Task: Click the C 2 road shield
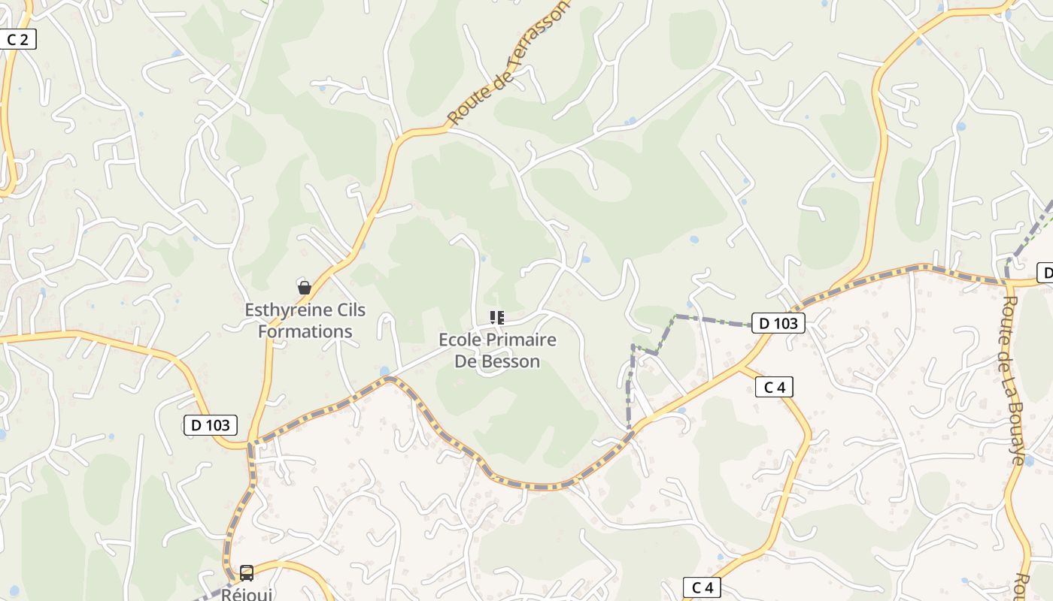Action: pyautogui.click(x=17, y=40)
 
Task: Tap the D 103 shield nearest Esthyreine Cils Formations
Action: pyautogui.click(x=211, y=425)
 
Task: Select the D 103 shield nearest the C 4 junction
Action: pyautogui.click(x=778, y=324)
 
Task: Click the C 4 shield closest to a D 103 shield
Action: pyautogui.click(x=774, y=387)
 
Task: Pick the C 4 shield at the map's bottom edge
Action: pyautogui.click(x=702, y=587)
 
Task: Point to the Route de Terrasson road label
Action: pyautogui.click(x=508, y=64)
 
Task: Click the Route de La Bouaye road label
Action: pyautogui.click(x=1012, y=379)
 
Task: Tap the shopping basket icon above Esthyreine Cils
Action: pyautogui.click(x=305, y=287)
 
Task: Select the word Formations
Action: pyautogui.click(x=305, y=331)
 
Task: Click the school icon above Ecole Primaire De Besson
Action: pyautogui.click(x=496, y=318)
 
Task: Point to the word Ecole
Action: pyautogui.click(x=460, y=340)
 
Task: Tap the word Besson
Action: pyautogui.click(x=510, y=361)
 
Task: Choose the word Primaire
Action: pyautogui.click(x=521, y=340)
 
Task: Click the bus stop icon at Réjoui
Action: pyautogui.click(x=246, y=573)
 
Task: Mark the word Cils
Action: pyautogui.click(x=350, y=310)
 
